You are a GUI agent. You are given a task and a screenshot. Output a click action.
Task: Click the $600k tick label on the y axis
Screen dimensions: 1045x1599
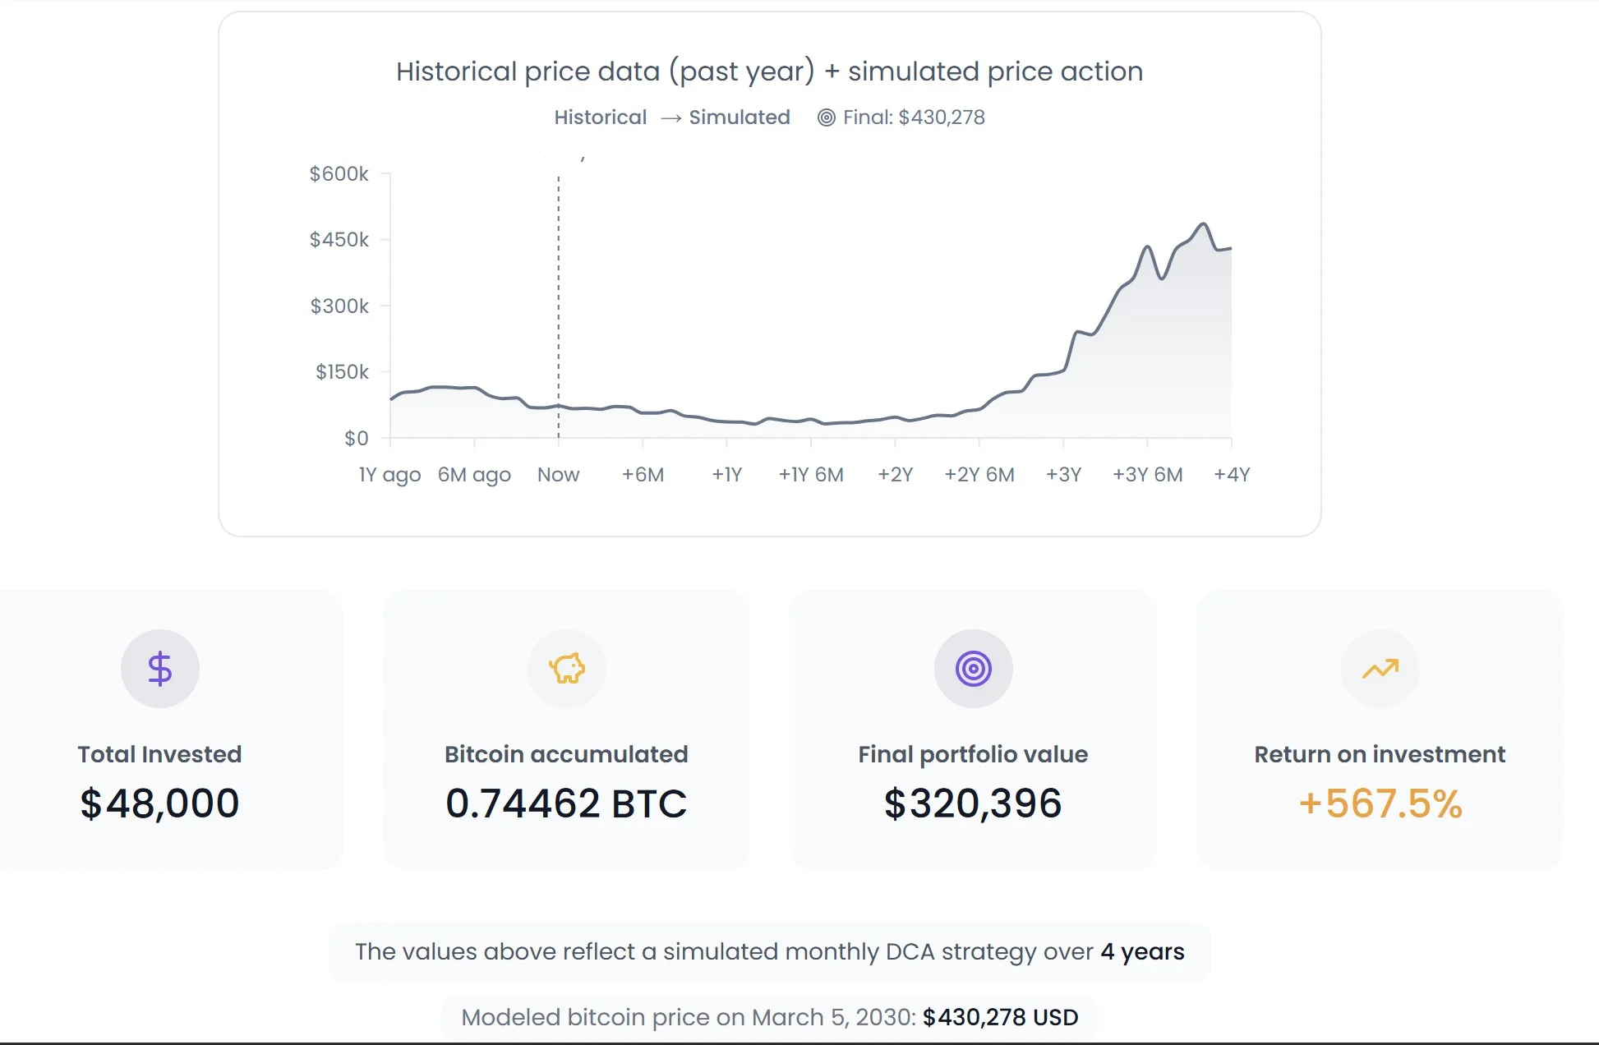(x=339, y=174)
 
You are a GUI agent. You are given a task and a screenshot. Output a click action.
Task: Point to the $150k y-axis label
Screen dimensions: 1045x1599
(x=342, y=372)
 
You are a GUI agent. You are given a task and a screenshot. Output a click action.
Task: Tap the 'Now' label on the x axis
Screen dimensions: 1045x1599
(x=558, y=475)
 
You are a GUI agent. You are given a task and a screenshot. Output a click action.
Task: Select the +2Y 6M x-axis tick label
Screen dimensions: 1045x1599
(x=979, y=475)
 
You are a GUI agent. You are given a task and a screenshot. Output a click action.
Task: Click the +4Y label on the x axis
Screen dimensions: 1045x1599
(x=1231, y=475)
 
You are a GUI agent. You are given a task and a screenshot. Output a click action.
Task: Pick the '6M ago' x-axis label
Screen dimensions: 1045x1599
(x=474, y=475)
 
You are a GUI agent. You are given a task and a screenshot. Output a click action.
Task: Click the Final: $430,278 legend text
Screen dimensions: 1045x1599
(x=913, y=117)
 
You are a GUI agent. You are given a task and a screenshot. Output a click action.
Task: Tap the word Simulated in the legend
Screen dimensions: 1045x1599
(x=739, y=117)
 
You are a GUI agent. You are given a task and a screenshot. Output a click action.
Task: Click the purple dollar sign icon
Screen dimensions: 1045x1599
(x=159, y=668)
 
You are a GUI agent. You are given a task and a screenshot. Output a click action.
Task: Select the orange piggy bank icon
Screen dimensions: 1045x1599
(x=567, y=668)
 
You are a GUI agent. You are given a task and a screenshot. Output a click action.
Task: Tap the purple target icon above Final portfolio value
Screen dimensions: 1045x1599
(x=973, y=668)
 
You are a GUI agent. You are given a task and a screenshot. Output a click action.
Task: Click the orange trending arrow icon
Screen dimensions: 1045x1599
(x=1380, y=669)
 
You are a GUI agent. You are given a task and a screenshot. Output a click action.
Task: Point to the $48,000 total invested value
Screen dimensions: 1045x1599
(x=159, y=803)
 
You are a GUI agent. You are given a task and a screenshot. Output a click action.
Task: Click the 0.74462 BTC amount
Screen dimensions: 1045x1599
(x=566, y=803)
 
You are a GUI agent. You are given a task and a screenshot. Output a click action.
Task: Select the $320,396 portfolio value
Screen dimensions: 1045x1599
(x=973, y=803)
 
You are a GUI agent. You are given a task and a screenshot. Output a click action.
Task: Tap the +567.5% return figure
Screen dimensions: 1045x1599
(x=1380, y=803)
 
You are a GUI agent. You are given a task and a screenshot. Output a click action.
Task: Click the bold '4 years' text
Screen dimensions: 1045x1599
(x=1142, y=951)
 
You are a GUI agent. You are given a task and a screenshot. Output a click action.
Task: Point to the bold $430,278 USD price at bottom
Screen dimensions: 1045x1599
(x=1000, y=1017)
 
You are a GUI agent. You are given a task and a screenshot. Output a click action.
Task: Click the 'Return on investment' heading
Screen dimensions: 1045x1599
(x=1380, y=754)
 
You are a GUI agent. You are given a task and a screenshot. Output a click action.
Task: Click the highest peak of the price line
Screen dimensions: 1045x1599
(x=1203, y=223)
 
